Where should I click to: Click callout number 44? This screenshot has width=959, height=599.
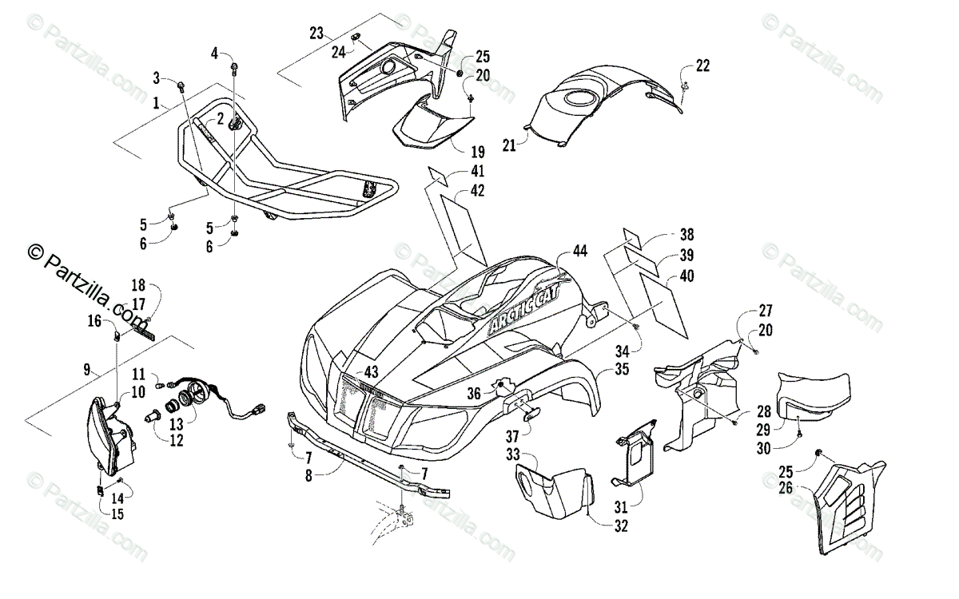pyautogui.click(x=579, y=251)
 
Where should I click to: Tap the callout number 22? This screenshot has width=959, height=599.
pyautogui.click(x=702, y=65)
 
